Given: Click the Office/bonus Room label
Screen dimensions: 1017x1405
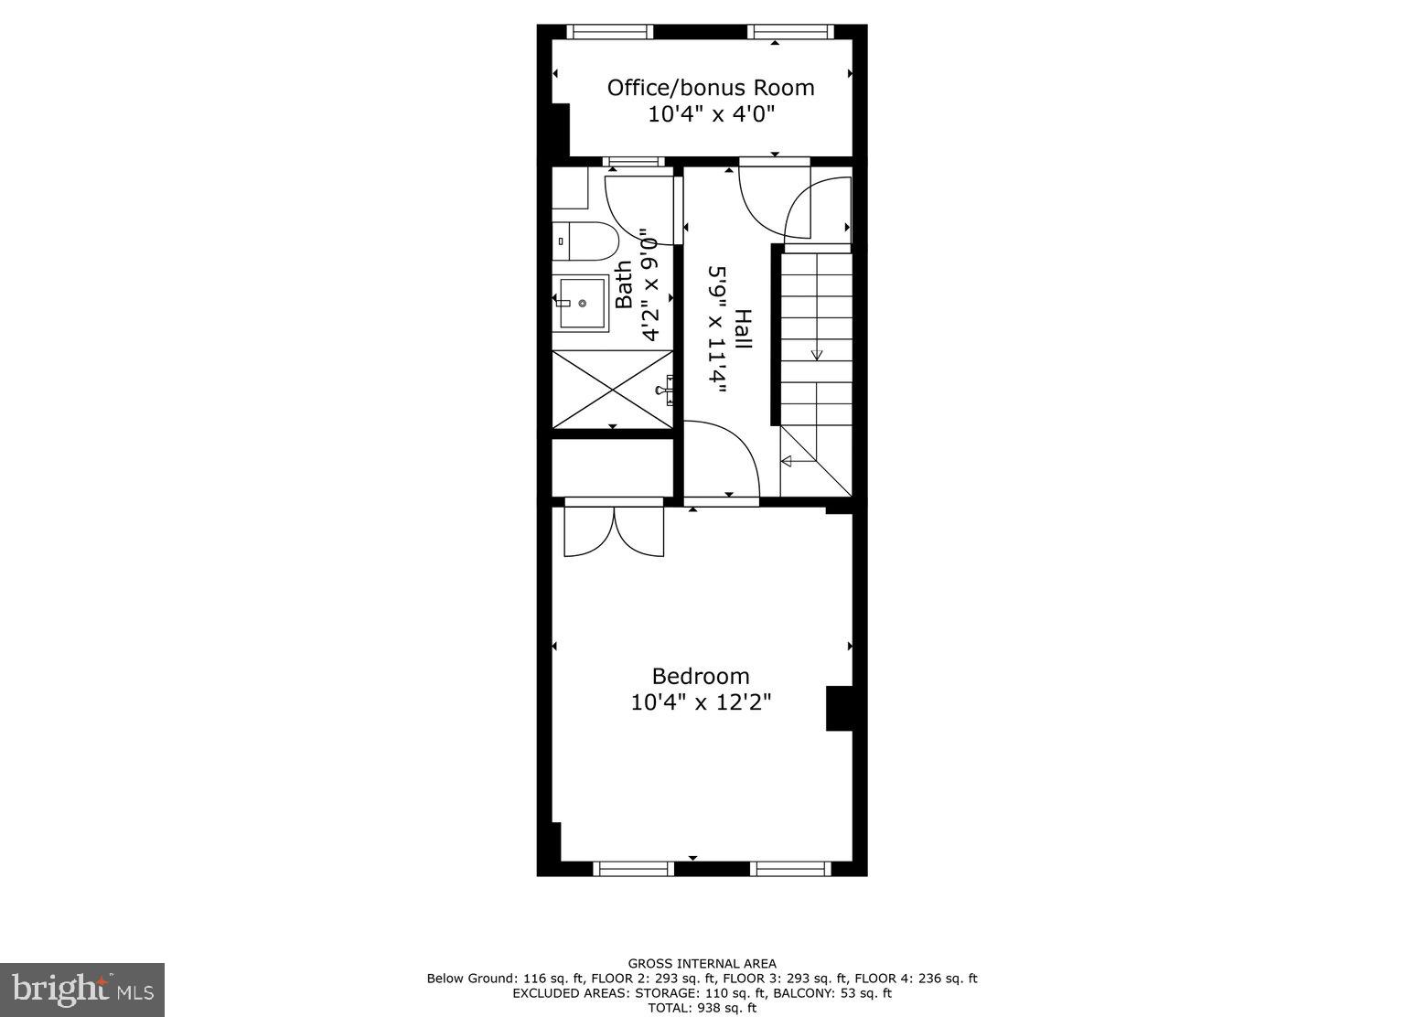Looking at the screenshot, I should point(711,88).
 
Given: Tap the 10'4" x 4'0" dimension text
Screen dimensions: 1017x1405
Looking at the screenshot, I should point(711,114).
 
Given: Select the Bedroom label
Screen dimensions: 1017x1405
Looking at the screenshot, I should point(701,676).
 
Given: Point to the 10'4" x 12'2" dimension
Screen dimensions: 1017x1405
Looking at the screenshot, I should point(701,702).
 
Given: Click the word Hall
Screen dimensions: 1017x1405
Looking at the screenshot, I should point(743,330).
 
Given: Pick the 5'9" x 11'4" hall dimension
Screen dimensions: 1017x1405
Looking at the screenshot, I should point(717,330).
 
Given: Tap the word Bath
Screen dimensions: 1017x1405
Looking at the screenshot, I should point(624,284).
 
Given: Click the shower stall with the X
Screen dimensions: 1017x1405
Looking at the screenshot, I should point(613,389).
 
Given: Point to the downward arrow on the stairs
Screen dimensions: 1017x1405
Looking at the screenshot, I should point(816,353).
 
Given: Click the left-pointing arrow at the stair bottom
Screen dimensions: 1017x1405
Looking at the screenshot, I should point(786,460).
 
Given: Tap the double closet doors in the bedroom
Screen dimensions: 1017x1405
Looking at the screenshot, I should point(614,531).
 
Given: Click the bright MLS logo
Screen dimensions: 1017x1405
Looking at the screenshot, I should point(82,990).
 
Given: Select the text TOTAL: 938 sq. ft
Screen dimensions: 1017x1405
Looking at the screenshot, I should point(702,1008).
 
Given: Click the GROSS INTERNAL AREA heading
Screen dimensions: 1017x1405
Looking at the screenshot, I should point(702,963).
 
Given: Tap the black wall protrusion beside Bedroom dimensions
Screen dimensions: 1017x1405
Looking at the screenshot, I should point(839,708).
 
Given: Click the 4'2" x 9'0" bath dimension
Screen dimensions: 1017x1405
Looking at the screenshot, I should point(649,284).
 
